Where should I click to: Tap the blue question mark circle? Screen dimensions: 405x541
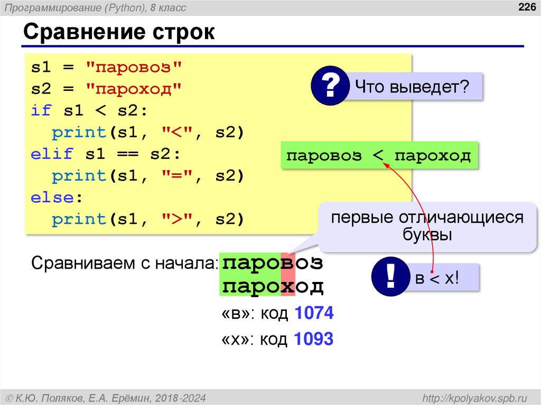(330, 86)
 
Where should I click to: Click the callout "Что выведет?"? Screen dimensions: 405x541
(413, 86)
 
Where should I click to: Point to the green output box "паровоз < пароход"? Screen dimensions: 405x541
(378, 155)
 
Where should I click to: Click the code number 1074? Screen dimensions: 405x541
(314, 314)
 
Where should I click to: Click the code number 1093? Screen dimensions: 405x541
(314, 338)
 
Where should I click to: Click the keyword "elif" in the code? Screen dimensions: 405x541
(52, 154)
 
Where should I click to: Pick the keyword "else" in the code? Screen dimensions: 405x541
(52, 197)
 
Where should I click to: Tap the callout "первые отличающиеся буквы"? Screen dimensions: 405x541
(427, 226)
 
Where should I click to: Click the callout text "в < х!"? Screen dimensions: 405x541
(437, 278)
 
